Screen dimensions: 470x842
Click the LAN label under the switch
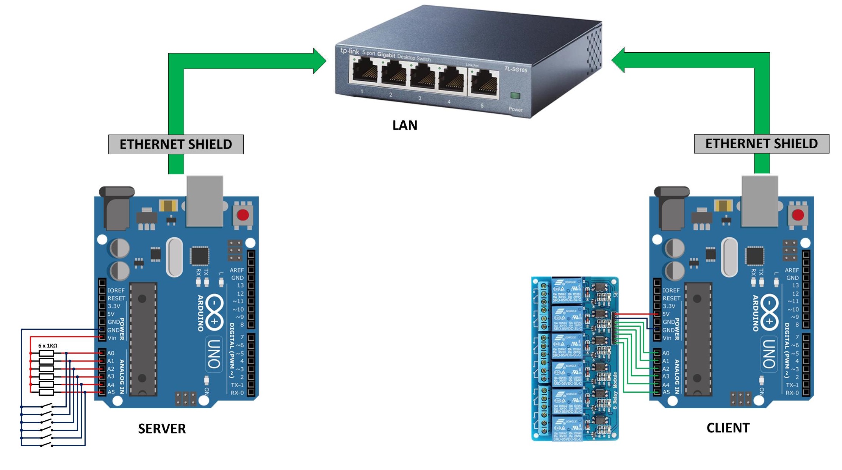coord(405,125)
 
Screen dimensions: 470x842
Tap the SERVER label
coord(162,429)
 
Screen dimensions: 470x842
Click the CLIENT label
coord(728,428)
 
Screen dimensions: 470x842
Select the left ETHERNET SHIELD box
coord(176,144)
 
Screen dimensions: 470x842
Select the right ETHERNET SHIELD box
coord(761,144)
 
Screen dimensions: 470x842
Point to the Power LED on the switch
coord(515,96)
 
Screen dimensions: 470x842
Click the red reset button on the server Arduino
coord(243,215)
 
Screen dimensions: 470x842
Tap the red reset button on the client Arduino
coord(798,215)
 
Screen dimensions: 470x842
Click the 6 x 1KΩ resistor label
coord(48,346)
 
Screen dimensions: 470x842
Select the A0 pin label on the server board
coord(110,353)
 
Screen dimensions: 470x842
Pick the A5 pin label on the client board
coord(666,392)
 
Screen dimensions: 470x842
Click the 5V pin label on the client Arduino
coord(666,314)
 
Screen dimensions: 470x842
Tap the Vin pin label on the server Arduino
coord(112,338)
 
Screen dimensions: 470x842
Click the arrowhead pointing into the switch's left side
coord(320,61)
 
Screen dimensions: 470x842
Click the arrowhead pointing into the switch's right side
coord(618,60)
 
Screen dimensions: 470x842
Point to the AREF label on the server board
coord(236,270)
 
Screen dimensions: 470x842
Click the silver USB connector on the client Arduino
coord(759,201)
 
